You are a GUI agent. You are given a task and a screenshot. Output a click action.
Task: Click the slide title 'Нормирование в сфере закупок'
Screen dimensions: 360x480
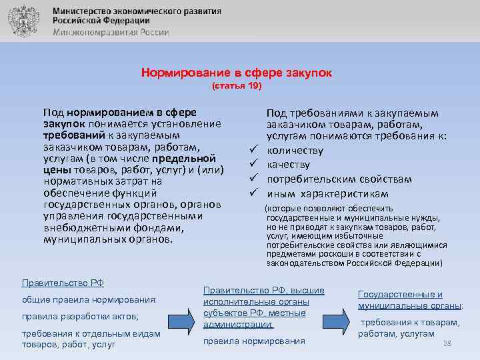236,72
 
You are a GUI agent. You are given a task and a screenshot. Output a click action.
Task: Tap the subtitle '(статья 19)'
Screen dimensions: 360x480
237,87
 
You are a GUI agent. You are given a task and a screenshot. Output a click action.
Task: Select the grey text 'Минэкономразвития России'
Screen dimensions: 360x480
111,32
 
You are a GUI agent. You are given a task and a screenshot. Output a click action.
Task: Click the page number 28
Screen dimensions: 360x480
448,343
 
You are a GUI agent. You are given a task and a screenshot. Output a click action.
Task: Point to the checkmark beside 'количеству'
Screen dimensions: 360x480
253,150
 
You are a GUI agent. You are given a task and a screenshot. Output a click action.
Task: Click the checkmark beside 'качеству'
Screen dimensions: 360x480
253,165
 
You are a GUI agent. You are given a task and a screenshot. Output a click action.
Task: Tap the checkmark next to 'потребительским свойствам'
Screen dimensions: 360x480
253,179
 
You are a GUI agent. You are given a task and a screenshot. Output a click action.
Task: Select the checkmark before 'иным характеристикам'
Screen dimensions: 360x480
253,193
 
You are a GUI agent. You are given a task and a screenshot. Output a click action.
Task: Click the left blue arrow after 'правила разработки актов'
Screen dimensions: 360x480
181,318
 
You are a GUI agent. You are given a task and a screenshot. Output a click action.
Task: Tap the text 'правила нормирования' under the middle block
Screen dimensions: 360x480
254,341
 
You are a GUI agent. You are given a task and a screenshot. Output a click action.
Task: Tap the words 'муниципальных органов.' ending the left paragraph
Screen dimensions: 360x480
107,238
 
